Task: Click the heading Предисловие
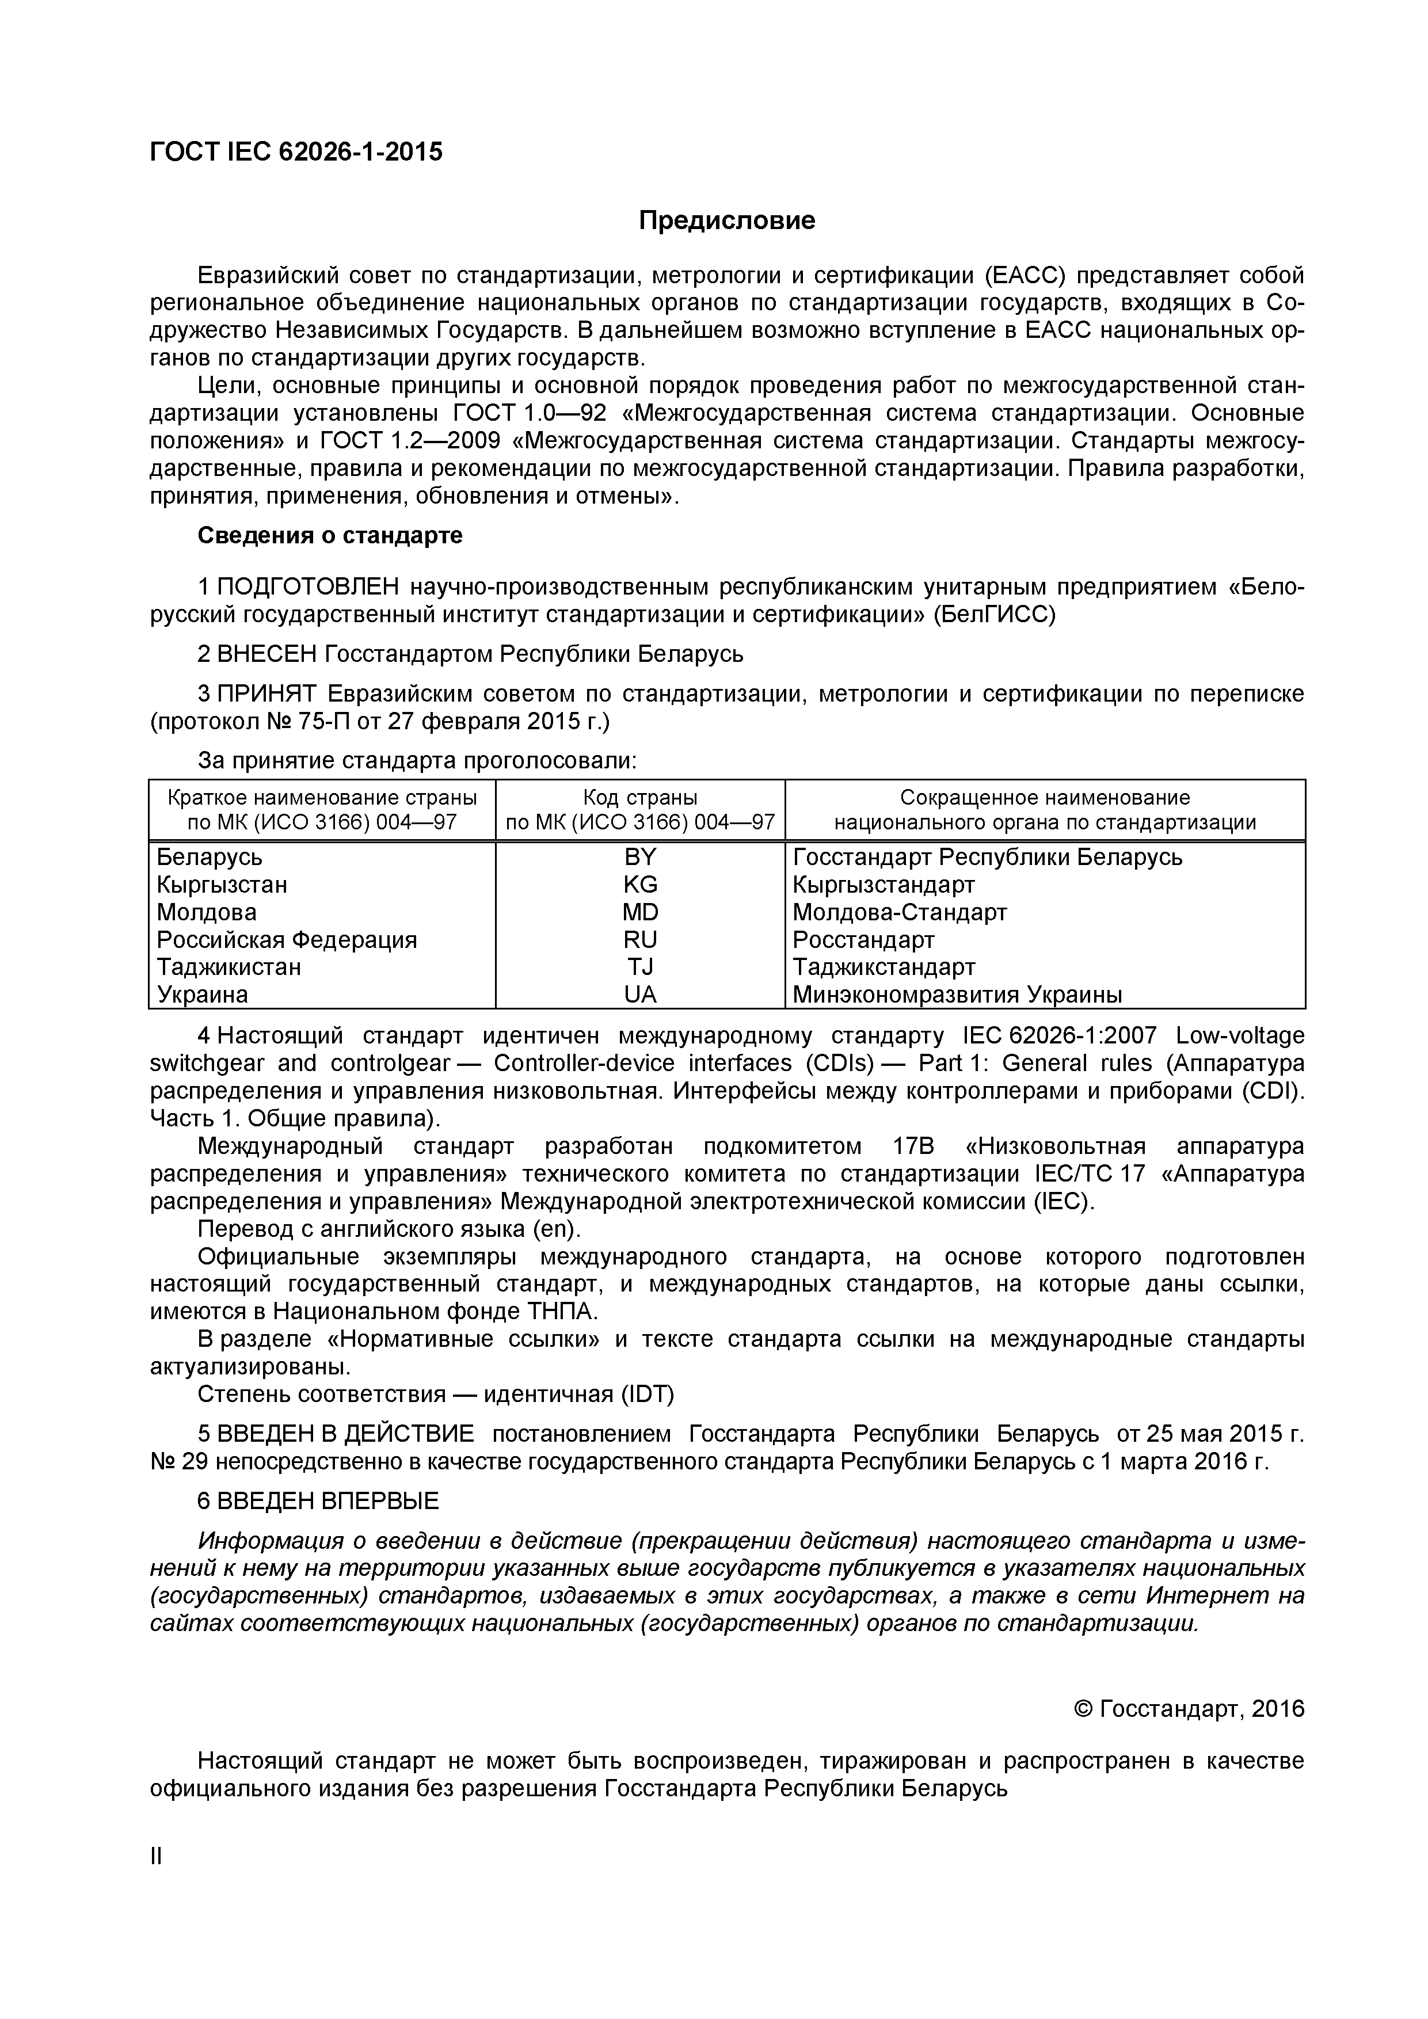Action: [x=726, y=220]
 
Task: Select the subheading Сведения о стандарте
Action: [x=330, y=535]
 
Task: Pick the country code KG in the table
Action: [x=639, y=885]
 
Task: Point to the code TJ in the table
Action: [x=639, y=967]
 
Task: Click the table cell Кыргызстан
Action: [x=222, y=885]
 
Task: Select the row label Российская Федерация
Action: [x=287, y=940]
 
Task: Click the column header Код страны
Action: [x=639, y=798]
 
